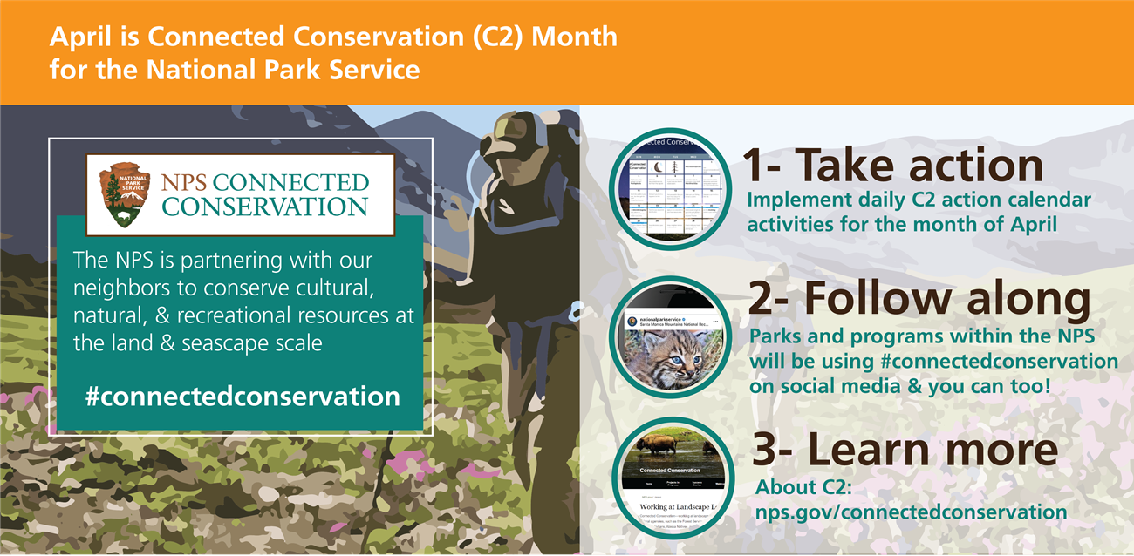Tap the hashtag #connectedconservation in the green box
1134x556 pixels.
[243, 397]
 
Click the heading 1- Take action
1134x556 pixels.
[892, 165]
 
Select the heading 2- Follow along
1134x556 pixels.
[919, 299]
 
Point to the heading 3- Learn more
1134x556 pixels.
[905, 450]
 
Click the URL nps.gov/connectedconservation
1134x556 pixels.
[911, 512]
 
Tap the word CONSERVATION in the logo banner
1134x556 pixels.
[264, 207]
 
